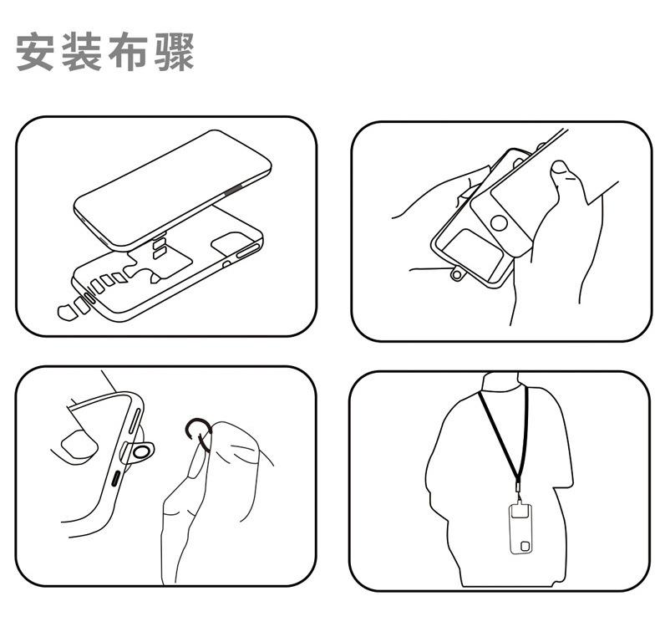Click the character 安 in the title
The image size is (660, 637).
[x=35, y=52]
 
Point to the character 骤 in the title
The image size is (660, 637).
[x=174, y=52]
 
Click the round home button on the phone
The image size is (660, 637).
[x=499, y=223]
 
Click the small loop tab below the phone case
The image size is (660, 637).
[x=458, y=274]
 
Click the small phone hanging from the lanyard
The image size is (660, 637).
[x=520, y=529]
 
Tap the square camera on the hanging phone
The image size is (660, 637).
[x=525, y=546]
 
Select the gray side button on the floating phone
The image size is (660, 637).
[x=232, y=191]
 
